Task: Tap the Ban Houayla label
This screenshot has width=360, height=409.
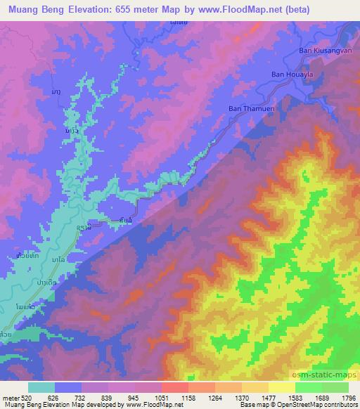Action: point(292,74)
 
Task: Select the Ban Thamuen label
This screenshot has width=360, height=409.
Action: point(249,108)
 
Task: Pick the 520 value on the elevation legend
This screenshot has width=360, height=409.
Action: point(26,397)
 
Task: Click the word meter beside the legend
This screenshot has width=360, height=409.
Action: point(10,397)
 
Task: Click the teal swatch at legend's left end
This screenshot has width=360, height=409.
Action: point(41,387)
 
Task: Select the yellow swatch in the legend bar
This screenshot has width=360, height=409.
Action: point(255,387)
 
